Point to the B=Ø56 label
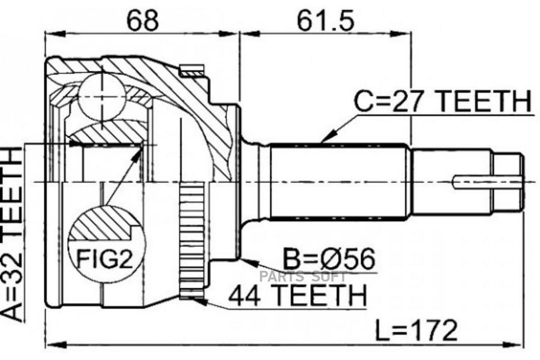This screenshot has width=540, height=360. pyautogui.click(x=329, y=259)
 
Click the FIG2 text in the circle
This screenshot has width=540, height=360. pyautogui.click(x=104, y=259)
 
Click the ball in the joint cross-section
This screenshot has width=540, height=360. pyautogui.click(x=102, y=97)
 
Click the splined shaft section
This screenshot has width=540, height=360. pyautogui.click(x=339, y=182)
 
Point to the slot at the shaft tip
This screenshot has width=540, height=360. pyautogui.click(x=487, y=182)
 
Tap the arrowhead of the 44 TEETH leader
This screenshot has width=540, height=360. pyautogui.click(x=199, y=301)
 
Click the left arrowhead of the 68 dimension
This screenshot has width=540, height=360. pyautogui.click(x=55, y=34)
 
